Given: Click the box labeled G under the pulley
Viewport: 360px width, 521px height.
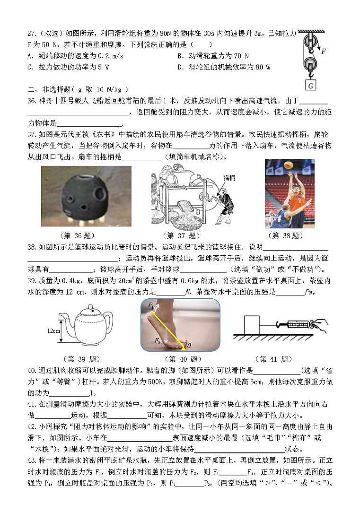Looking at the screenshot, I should pyautogui.click(x=311, y=86).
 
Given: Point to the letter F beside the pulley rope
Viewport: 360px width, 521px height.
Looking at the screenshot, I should pyautogui.click(x=323, y=51).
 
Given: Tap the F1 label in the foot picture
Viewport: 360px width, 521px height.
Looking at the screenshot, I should pyautogui.click(x=150, y=306).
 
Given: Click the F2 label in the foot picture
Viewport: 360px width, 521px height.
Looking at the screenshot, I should pyautogui.click(x=157, y=340).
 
